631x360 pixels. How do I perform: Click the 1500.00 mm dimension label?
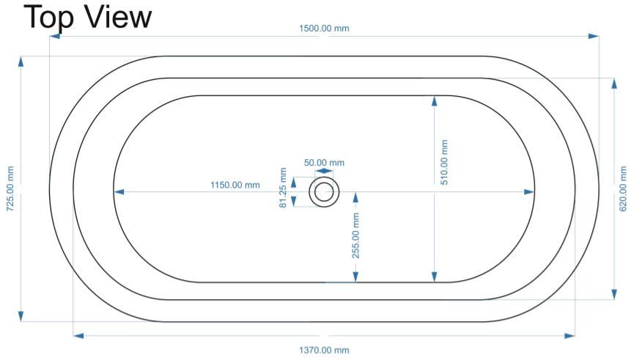pos(324,29)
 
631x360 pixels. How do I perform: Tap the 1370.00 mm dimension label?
pos(324,350)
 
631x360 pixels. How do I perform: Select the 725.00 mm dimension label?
pos(10,189)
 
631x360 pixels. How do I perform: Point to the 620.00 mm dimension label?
pos(622,189)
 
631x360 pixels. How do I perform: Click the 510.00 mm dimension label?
pos(444,162)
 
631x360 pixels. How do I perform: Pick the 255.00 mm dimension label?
pos(355,235)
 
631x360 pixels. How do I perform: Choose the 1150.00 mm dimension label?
pos(235,185)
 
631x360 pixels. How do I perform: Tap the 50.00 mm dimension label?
pos(324,163)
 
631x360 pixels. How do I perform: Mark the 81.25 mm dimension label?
pos(283,188)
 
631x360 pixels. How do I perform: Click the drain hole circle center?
pos(324,192)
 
